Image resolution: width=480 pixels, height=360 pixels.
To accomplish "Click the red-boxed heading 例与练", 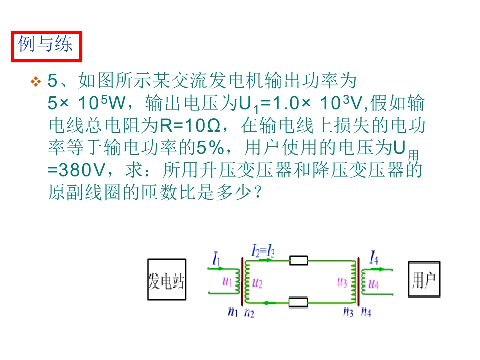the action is click(46, 46).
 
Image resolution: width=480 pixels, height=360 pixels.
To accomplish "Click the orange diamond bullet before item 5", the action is click(36, 81).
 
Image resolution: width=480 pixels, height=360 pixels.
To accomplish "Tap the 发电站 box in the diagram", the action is click(167, 280).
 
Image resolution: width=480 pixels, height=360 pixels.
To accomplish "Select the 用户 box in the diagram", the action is click(424, 279).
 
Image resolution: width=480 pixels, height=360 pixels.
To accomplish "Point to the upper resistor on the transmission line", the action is click(299, 261).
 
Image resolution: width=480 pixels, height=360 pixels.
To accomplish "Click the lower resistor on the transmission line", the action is click(298, 302).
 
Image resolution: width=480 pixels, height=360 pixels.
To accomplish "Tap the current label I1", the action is click(216, 259).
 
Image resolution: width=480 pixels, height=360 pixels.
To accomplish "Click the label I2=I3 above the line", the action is click(263, 250).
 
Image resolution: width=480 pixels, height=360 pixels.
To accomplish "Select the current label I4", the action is click(374, 257).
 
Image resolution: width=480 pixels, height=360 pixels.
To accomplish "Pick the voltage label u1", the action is click(227, 281).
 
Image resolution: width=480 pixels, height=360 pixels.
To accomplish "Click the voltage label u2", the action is click(257, 284).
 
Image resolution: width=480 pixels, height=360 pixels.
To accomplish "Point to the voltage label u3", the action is click(342, 283).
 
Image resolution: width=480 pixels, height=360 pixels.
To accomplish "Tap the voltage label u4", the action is click(374, 284).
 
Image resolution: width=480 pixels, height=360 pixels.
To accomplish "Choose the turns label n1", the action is click(233, 312).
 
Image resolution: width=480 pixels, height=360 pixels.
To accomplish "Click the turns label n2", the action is click(249, 313).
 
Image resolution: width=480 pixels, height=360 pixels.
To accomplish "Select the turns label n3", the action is click(348, 312).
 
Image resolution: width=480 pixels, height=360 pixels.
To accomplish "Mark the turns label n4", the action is click(366, 312).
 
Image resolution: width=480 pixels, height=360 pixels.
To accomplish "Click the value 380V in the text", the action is click(82, 170).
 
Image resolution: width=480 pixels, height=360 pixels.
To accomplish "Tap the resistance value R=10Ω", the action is click(190, 126).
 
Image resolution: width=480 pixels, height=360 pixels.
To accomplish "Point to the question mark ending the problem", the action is click(258, 192).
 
